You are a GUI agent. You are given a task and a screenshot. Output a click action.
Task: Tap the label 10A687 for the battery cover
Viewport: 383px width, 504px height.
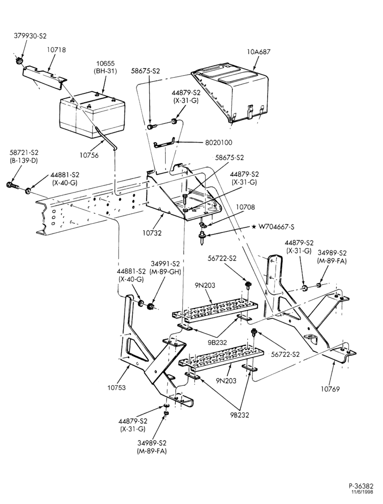point(259,51)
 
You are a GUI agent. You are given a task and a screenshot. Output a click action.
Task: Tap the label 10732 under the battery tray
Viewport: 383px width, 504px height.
point(152,232)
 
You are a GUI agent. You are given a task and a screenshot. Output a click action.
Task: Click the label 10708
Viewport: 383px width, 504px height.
point(245,207)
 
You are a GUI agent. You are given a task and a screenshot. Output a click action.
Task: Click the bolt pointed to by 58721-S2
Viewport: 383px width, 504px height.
point(13,185)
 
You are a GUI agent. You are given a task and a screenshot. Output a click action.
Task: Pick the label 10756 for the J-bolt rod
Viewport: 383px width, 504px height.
point(89,155)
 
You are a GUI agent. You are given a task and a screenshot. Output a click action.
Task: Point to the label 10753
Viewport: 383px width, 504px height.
point(116,387)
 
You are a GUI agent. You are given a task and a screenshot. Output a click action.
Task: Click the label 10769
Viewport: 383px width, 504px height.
point(330,389)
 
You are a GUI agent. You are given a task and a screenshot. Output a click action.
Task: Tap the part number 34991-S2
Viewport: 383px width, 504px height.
point(165,264)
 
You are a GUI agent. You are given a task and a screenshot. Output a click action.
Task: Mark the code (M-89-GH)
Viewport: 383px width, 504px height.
point(165,272)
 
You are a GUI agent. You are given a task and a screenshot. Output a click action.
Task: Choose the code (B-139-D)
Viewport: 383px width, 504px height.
point(24,160)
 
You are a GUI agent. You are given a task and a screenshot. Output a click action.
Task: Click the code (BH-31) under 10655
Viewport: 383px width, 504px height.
point(105,71)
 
